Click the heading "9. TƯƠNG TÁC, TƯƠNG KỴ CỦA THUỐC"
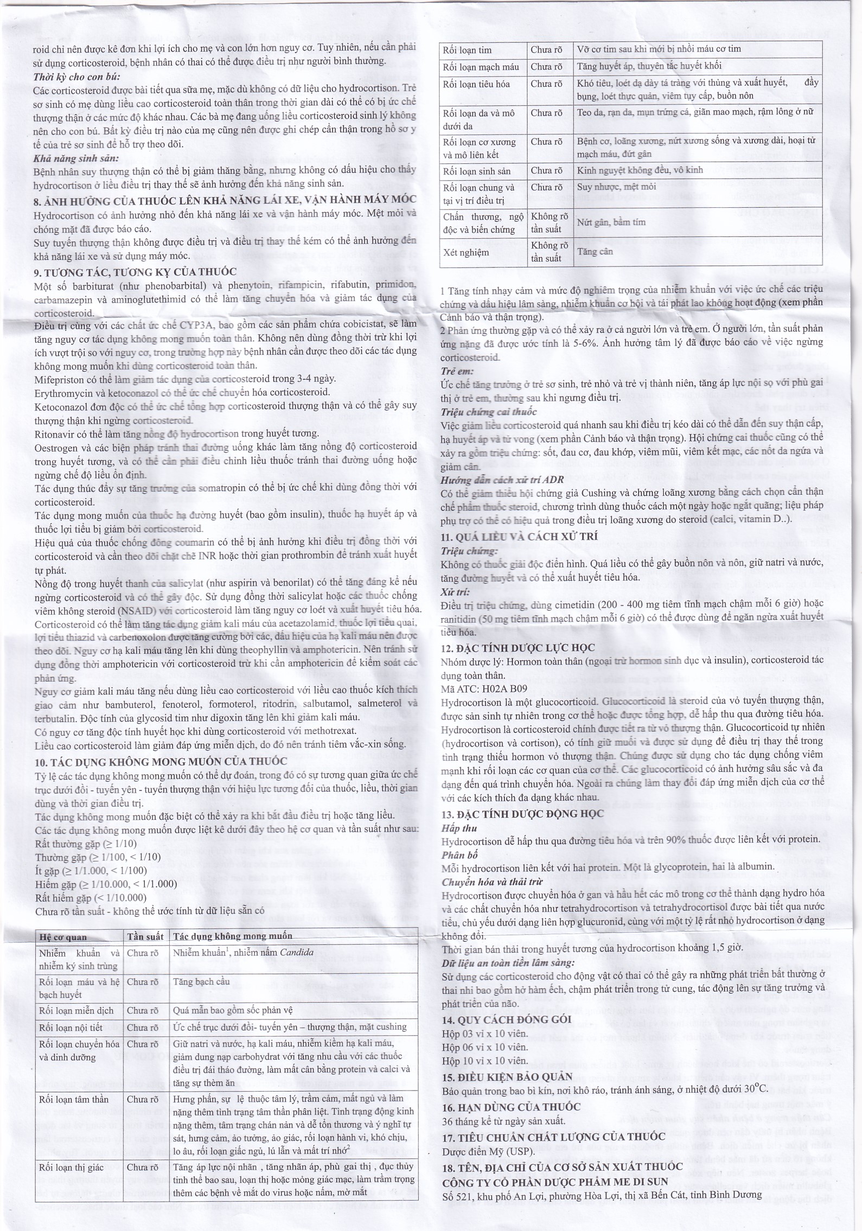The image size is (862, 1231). pos(135,272)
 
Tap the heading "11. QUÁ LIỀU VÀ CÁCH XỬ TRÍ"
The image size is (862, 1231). pos(519,537)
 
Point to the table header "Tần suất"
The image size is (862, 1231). pos(145,936)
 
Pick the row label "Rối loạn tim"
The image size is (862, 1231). pos(467,50)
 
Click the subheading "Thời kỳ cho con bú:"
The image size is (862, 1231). pos(76,76)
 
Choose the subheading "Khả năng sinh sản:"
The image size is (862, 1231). pos(76,158)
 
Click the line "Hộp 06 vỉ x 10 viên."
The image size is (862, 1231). pos(484,1047)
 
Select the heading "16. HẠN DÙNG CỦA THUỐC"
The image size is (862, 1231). pos(511,1107)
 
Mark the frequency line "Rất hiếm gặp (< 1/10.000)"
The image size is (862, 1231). pos(91,898)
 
